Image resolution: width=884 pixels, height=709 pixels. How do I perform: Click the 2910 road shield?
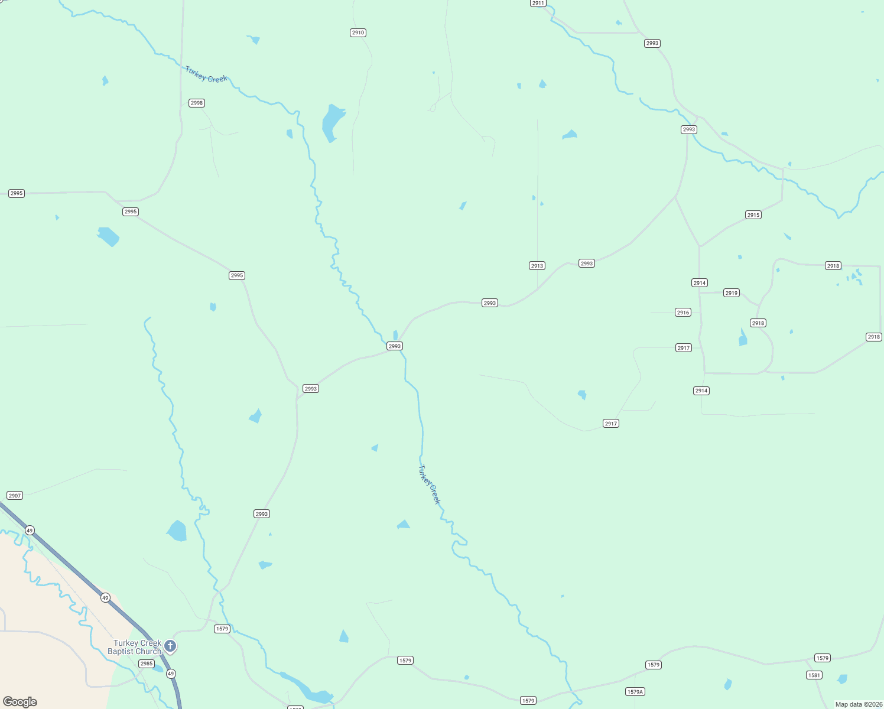click(x=358, y=32)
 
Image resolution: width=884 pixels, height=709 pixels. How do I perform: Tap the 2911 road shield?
click(x=538, y=3)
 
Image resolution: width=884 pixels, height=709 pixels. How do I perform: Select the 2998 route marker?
click(x=197, y=103)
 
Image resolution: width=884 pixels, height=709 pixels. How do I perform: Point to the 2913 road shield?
click(x=537, y=266)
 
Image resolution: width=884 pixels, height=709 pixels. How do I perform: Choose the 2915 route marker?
click(x=753, y=215)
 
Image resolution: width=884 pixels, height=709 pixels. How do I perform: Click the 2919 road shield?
click(x=732, y=293)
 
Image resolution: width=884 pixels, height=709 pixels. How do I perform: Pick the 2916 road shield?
click(x=683, y=313)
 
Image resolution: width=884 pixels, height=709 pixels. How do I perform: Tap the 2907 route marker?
click(x=15, y=496)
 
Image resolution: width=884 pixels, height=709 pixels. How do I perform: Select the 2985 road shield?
click(x=147, y=664)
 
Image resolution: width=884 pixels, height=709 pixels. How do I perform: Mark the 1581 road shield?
click(x=814, y=675)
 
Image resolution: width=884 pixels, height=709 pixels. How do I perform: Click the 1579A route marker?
click(x=635, y=692)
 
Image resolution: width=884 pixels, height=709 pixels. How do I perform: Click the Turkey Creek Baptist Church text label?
click(x=135, y=647)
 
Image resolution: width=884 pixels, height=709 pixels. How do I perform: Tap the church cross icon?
click(x=170, y=646)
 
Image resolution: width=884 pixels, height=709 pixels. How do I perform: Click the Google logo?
click(x=20, y=702)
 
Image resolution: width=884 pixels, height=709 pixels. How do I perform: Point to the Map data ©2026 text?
click(x=859, y=704)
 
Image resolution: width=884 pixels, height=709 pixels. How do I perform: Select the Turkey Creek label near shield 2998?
click(x=206, y=74)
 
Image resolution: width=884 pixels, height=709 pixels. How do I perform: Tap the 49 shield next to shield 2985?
click(x=171, y=674)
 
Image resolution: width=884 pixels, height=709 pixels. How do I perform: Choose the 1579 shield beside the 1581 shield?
click(x=823, y=658)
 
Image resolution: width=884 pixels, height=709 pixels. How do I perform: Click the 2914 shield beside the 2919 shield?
click(x=700, y=283)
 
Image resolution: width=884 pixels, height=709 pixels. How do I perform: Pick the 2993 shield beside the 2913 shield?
click(x=587, y=264)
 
